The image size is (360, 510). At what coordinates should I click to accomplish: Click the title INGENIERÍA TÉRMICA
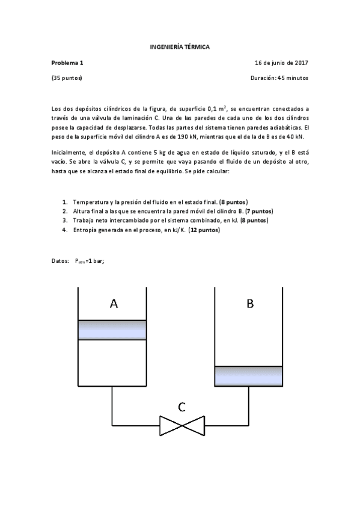(180, 46)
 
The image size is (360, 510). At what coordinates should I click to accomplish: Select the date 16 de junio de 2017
(281, 62)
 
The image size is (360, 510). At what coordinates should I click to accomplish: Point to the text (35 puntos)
(67, 78)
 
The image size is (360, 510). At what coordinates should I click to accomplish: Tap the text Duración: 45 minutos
(279, 78)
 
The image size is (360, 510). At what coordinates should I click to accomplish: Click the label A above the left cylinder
(114, 304)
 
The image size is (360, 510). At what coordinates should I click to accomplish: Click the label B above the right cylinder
(249, 304)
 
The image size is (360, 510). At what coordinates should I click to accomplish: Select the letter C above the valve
(182, 407)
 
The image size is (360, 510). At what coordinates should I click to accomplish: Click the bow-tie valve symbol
(182, 425)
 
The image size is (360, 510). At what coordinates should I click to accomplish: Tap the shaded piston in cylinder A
(112, 330)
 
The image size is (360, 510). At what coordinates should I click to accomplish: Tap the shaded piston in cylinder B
(248, 376)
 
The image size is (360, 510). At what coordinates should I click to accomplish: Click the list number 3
(64, 221)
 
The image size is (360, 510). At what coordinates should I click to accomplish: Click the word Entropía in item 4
(85, 230)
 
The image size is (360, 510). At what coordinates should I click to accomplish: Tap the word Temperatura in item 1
(91, 201)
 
